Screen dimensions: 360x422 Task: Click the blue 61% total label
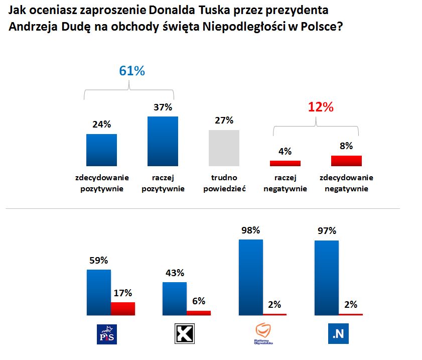click(x=131, y=71)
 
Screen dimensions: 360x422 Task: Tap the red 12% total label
click(x=320, y=107)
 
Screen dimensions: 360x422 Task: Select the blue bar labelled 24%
click(x=102, y=150)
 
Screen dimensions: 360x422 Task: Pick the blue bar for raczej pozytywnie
click(x=163, y=141)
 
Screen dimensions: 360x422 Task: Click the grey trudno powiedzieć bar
click(x=224, y=148)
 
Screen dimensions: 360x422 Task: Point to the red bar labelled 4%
click(x=285, y=163)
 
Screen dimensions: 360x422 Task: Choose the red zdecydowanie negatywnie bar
click(x=346, y=161)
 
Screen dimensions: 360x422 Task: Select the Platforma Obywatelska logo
click(x=263, y=333)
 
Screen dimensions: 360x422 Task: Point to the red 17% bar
click(x=123, y=308)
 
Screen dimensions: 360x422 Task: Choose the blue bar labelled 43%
click(x=175, y=298)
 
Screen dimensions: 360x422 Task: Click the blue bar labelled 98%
click(x=251, y=277)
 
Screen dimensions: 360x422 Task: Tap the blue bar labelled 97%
click(x=326, y=278)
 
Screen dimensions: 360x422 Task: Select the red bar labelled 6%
click(x=199, y=313)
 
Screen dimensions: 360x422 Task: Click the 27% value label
click(x=224, y=121)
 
